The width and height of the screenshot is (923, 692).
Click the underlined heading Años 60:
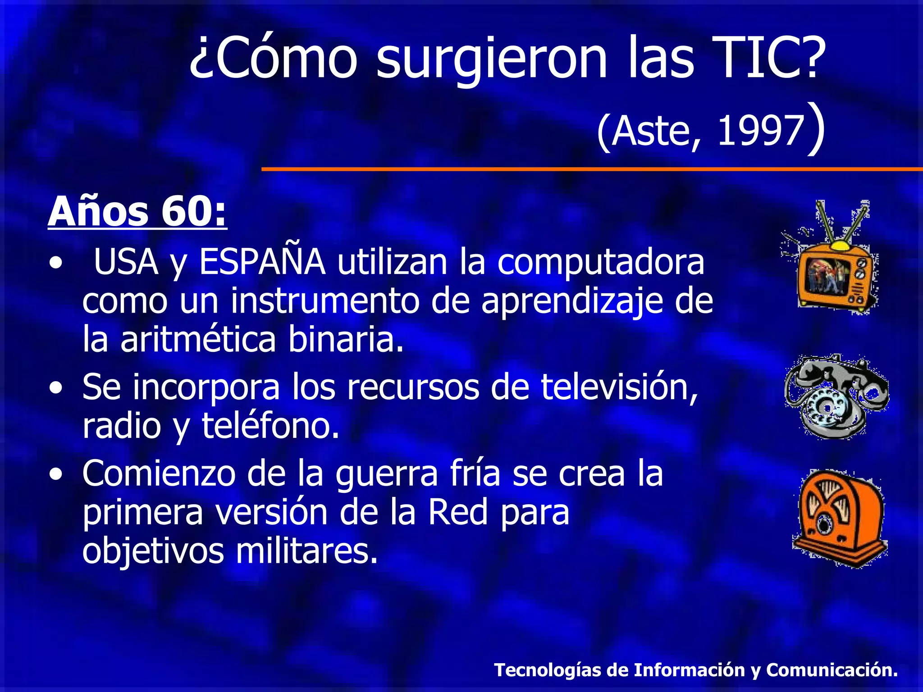(137, 212)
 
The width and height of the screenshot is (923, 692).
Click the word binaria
(346, 339)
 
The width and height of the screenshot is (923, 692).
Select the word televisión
(619, 387)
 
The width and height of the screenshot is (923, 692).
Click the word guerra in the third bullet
(387, 474)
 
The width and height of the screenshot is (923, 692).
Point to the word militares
(306, 551)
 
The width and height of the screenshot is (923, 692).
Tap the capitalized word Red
(458, 512)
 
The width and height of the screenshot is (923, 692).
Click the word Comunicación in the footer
(832, 670)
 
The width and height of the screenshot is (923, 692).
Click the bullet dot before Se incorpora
(56, 388)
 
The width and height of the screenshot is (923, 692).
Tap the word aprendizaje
(572, 301)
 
